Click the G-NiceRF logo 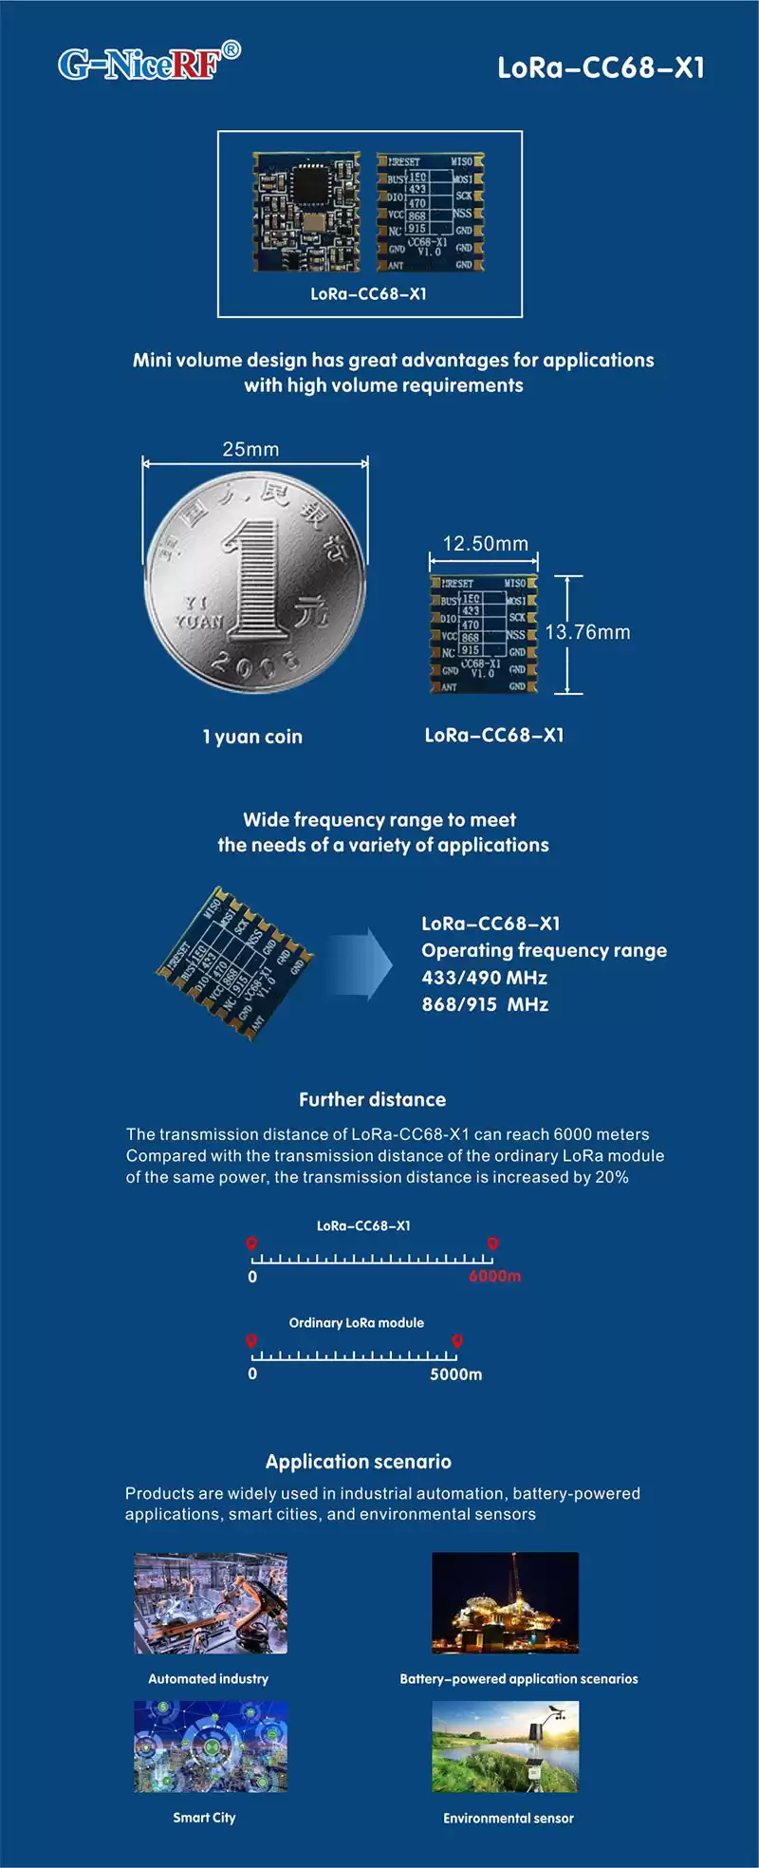click(149, 63)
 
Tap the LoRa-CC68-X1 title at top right click(601, 68)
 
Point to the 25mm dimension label click(250, 449)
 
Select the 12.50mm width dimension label click(485, 544)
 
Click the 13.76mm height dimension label click(587, 632)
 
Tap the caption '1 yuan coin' click(252, 737)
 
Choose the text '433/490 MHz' click(484, 978)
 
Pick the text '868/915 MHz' click(485, 1004)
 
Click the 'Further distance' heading click(372, 1099)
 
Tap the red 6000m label click(494, 1277)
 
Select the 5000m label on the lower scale click(455, 1374)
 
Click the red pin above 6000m click(492, 1243)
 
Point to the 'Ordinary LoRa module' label click(356, 1322)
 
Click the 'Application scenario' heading click(358, 1462)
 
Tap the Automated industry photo click(211, 1603)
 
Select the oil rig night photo click(505, 1602)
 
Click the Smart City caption click(204, 1818)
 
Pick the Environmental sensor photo click(505, 1747)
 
